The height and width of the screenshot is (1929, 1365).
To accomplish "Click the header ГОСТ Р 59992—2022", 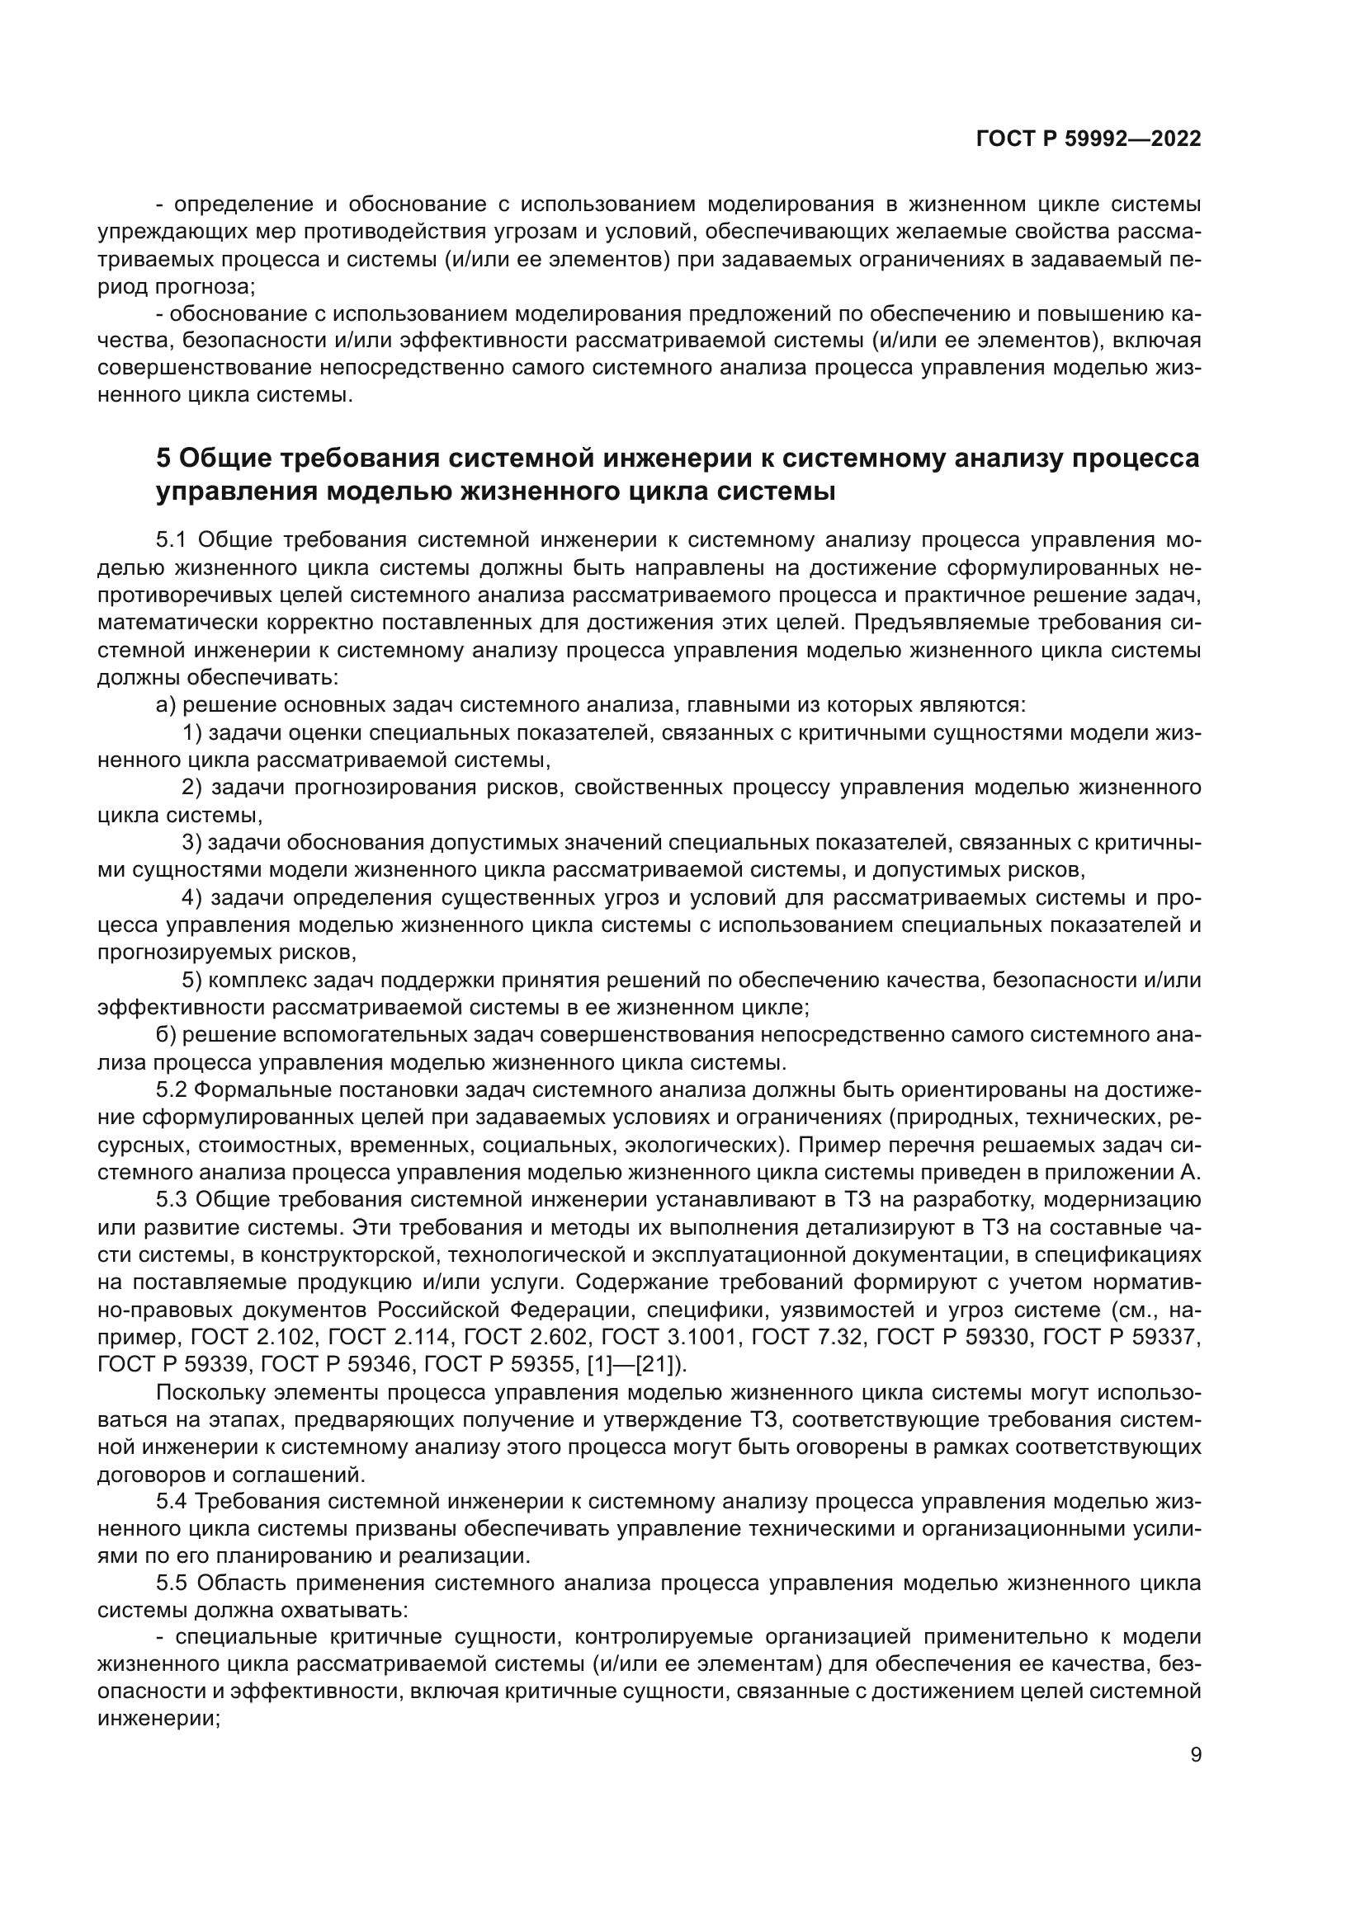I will tap(1088, 139).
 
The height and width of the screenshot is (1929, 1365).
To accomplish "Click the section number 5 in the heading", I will tap(164, 459).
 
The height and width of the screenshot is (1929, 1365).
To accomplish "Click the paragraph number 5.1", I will tap(173, 539).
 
